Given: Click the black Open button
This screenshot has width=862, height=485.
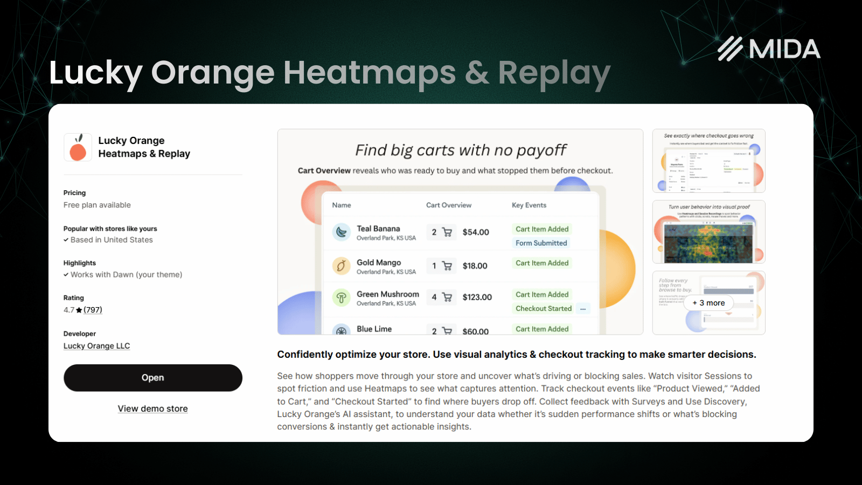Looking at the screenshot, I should point(152,378).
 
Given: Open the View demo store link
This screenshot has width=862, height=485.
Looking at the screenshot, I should point(152,408).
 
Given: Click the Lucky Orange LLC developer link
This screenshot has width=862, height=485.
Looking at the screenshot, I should point(96,346).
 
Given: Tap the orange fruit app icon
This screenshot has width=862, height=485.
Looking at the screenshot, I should point(78,148).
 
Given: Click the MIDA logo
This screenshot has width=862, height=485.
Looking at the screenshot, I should point(769,49).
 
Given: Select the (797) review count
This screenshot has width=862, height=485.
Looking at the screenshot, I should point(93,310).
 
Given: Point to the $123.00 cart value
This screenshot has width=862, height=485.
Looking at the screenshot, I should point(477,297).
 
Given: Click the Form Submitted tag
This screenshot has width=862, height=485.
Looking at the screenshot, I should point(541,243).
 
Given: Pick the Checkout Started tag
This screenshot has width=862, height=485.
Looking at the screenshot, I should point(543,308).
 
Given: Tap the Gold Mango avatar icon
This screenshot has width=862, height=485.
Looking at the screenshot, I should point(341,266).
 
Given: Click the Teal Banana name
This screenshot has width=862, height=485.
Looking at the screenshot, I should point(378,228).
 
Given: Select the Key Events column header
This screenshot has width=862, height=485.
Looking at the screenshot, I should point(529,205).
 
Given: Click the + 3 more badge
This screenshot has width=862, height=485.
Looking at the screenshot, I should point(708,303).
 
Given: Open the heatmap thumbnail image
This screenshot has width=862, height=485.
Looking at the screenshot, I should point(708,232).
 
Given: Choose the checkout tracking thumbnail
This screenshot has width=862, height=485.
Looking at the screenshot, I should point(708,161).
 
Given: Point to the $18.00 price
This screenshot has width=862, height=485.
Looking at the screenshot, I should point(475,266).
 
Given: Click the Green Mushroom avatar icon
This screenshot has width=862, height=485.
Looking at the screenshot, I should point(341,297).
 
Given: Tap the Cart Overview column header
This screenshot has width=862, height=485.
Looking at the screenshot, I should point(448,205).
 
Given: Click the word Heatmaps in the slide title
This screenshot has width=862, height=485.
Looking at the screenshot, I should point(369,73).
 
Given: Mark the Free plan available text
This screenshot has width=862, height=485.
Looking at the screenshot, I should point(97,205).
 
